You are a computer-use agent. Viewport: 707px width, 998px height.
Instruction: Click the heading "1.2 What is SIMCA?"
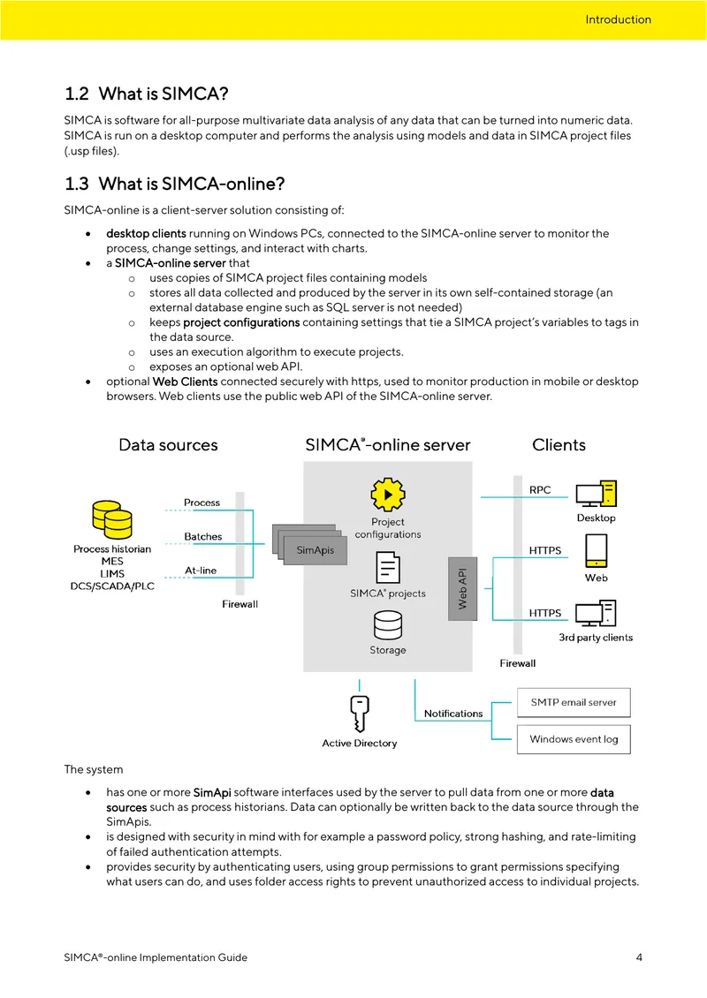(x=147, y=94)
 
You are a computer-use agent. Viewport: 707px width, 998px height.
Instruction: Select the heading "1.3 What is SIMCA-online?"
(x=174, y=184)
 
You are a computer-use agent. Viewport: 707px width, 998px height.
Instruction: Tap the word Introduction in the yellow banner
(x=618, y=19)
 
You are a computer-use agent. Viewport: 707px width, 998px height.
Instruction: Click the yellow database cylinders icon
(x=112, y=519)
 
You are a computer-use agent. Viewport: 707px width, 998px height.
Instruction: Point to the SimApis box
(x=315, y=550)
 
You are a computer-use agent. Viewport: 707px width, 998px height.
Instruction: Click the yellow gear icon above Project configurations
(x=387, y=495)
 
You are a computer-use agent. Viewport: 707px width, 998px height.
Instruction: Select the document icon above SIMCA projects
(x=388, y=567)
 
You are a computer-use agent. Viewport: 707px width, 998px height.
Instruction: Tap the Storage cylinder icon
(x=388, y=625)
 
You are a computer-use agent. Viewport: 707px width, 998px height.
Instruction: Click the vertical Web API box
(x=463, y=589)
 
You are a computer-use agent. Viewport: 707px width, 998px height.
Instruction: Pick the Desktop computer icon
(x=597, y=494)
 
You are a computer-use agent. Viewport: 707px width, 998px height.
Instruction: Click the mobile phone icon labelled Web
(x=597, y=550)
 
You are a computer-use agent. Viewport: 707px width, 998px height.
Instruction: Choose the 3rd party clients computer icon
(x=597, y=613)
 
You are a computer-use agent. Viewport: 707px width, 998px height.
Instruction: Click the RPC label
(x=540, y=490)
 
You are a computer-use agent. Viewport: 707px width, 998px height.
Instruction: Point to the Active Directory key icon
(x=359, y=714)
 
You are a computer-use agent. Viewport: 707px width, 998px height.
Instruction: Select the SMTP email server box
(x=574, y=703)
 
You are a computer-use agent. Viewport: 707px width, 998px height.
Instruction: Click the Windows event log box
(x=574, y=739)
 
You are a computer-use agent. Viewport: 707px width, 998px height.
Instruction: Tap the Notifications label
(x=453, y=714)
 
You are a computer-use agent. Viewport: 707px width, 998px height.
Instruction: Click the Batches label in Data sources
(x=203, y=537)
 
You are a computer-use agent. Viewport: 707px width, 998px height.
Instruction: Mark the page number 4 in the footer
(x=639, y=957)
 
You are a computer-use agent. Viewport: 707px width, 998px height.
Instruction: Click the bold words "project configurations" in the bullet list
(x=241, y=322)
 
